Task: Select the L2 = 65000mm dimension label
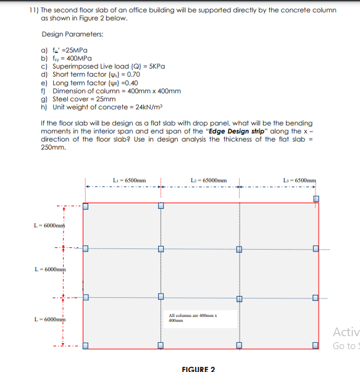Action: coord(209,179)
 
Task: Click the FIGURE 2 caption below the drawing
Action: coord(198,369)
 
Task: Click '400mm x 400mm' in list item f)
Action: coord(154,91)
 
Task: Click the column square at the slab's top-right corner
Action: coord(316,199)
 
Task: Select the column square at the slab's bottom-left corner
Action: coord(85,345)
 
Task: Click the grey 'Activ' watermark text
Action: coord(345,332)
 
